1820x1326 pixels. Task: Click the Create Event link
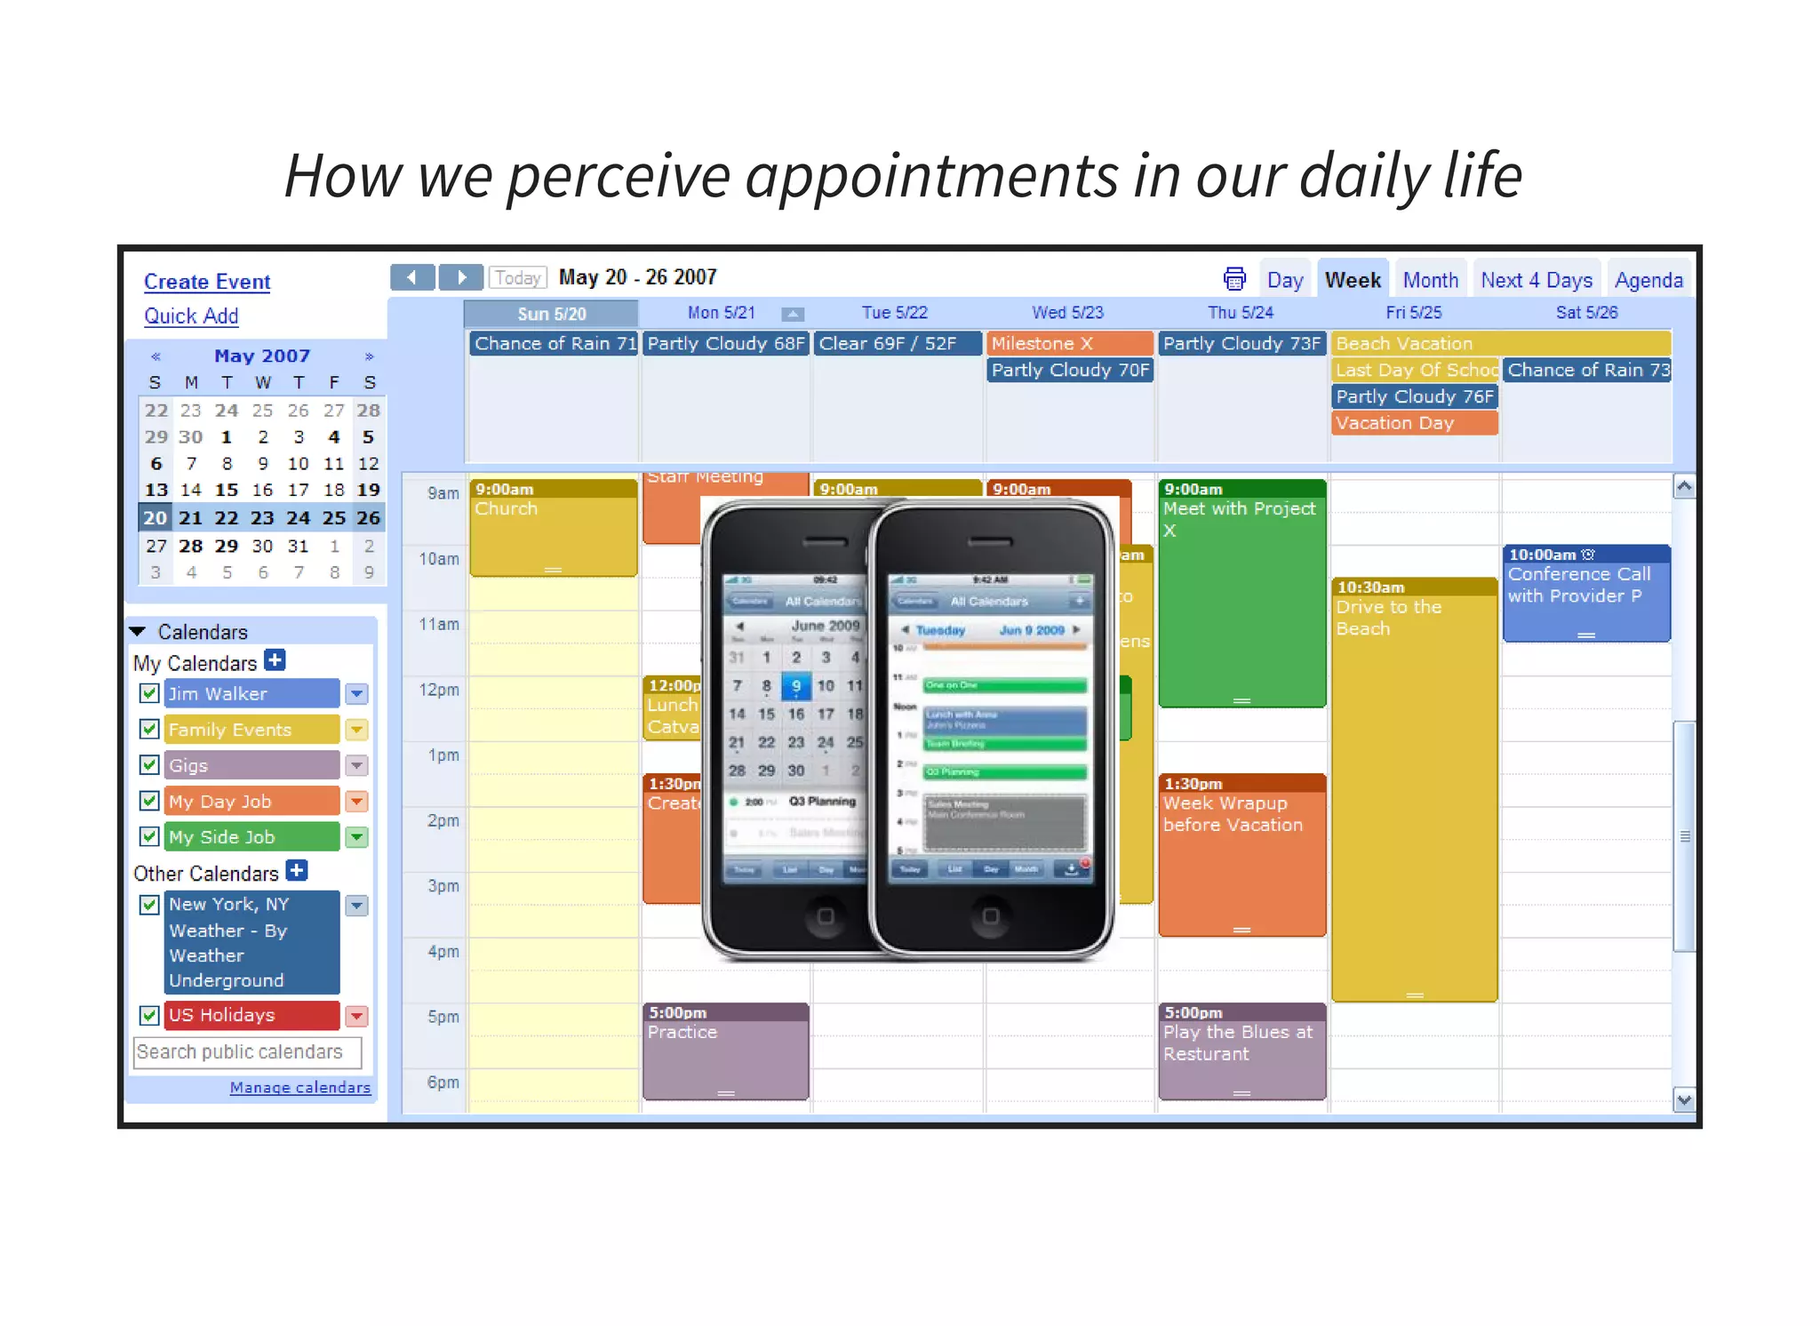pyautogui.click(x=207, y=282)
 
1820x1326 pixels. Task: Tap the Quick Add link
pyautogui.click(x=191, y=316)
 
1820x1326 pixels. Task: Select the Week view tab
pyautogui.click(x=1352, y=281)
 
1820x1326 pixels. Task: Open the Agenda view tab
pyautogui.click(x=1648, y=281)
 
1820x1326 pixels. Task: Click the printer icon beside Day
pyautogui.click(x=1234, y=279)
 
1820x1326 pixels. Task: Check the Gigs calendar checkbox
pyautogui.click(x=149, y=765)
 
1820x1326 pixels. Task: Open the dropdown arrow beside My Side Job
pyautogui.click(x=356, y=837)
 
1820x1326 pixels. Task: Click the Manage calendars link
pyautogui.click(x=299, y=1088)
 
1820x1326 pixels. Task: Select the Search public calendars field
pyautogui.click(x=247, y=1052)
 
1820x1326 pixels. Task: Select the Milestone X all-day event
pyautogui.click(x=1069, y=344)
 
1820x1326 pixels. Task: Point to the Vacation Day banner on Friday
pyautogui.click(x=1414, y=423)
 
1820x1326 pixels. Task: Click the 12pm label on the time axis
pyautogui.click(x=439, y=690)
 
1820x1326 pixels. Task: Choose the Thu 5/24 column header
pyautogui.click(x=1240, y=313)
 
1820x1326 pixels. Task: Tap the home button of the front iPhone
pyautogui.click(x=991, y=915)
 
